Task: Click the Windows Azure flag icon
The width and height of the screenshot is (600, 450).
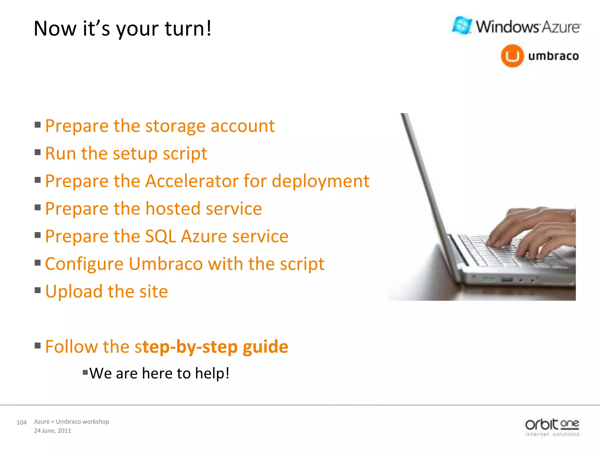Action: (462, 25)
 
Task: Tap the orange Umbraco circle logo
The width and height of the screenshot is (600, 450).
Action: (512, 56)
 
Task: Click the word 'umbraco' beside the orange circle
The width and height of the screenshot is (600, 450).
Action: (553, 56)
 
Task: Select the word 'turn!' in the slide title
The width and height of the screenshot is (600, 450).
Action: (188, 29)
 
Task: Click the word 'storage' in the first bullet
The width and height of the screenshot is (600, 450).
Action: (175, 127)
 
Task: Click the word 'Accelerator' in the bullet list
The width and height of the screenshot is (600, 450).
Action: (192, 181)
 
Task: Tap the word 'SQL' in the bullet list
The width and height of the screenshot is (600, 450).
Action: (160, 236)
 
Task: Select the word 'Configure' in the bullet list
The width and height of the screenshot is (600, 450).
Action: (84, 264)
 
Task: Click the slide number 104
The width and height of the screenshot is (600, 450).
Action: (21, 422)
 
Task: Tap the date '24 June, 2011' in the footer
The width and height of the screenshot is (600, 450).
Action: (52, 431)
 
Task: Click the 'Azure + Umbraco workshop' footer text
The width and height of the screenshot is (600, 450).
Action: (71, 422)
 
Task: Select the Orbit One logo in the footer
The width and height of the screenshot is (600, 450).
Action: (552, 427)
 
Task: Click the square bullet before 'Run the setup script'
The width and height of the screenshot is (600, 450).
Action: (37, 152)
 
